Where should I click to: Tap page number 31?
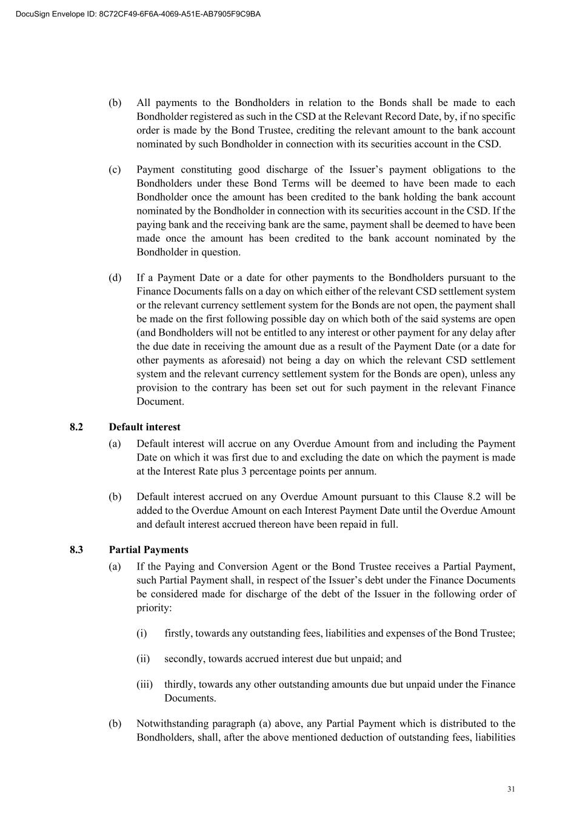tap(511, 789)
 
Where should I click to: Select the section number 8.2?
tap(76, 427)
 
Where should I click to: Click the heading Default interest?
tap(144, 427)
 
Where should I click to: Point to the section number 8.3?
tap(76, 550)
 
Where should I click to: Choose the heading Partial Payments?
tap(149, 550)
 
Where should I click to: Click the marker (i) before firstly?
tap(141, 633)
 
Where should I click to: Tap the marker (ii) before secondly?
tap(142, 659)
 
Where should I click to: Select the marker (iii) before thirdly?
tap(144, 684)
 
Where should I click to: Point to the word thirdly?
tap(179, 684)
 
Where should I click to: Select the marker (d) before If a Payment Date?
tap(115, 277)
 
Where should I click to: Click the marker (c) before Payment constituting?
tap(115, 170)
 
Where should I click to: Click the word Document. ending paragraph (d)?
tap(160, 401)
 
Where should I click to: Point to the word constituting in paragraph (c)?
tap(207, 170)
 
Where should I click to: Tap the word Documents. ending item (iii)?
tap(190, 698)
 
